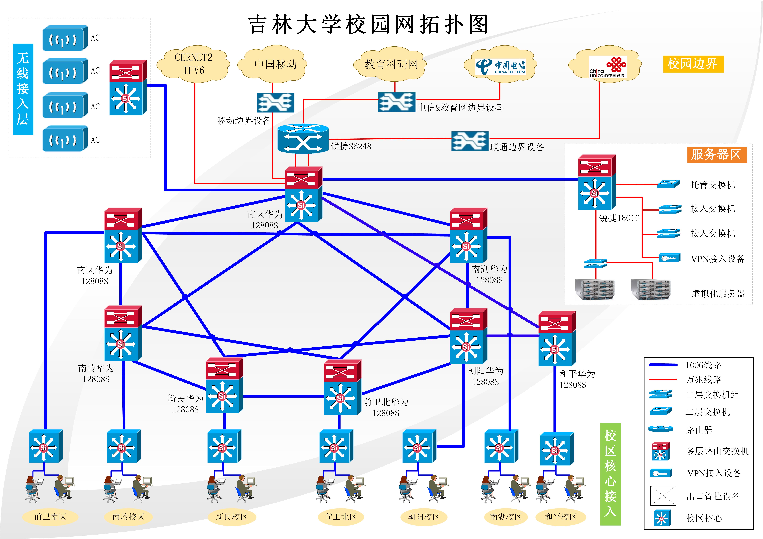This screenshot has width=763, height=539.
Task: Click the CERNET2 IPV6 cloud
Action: coord(193,64)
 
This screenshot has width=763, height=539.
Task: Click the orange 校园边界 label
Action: coord(693,64)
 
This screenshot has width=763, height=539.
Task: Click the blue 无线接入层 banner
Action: coord(23,89)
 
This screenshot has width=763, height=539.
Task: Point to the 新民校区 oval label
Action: coord(232,517)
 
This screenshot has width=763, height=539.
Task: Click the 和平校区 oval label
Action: coord(561,517)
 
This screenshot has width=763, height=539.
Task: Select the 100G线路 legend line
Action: coord(663,365)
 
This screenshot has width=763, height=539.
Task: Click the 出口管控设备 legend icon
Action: coord(663,495)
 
